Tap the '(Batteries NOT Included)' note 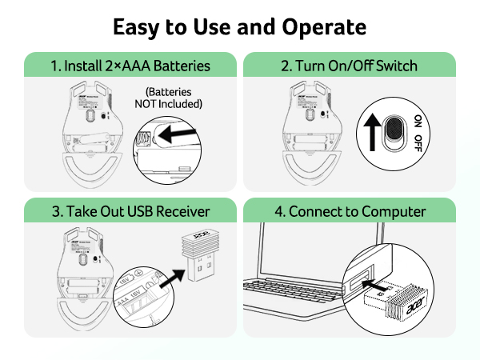(174, 98)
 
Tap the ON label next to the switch (418, 122)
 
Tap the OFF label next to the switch (418, 144)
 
